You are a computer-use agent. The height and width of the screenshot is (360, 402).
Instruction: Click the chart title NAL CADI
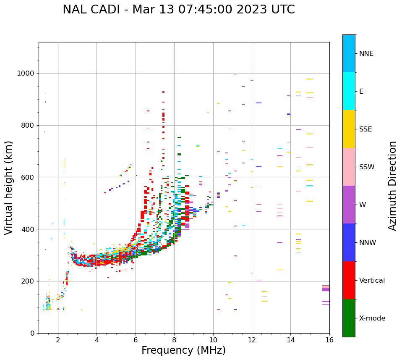click(178, 10)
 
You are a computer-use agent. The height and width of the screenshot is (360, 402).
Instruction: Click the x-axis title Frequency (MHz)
click(183, 350)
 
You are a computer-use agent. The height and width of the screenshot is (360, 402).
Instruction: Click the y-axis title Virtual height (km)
click(9, 187)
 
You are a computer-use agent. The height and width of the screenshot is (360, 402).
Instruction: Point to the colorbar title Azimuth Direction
click(392, 186)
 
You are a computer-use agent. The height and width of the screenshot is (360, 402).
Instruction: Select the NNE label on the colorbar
click(366, 54)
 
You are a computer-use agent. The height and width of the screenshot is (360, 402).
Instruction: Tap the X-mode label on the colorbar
click(372, 318)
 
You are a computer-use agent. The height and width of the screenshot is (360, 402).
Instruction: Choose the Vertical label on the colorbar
click(372, 281)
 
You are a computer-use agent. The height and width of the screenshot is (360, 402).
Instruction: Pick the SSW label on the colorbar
click(366, 167)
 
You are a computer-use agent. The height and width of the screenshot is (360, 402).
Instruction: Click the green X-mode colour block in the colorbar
click(349, 318)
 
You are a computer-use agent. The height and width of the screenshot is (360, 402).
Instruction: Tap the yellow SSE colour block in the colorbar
click(349, 129)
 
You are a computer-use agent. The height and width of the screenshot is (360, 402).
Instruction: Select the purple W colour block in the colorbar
click(349, 205)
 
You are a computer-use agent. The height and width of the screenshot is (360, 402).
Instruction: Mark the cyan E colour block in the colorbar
click(349, 91)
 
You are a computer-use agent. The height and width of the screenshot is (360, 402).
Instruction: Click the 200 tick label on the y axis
click(28, 281)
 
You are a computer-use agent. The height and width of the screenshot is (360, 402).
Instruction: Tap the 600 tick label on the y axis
click(28, 177)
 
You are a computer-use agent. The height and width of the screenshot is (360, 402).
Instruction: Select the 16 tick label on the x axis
click(329, 340)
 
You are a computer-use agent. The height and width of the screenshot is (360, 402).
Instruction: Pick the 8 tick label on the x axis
click(174, 340)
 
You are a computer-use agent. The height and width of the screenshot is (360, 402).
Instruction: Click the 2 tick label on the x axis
click(58, 340)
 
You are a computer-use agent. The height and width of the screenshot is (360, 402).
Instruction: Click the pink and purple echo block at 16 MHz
click(326, 288)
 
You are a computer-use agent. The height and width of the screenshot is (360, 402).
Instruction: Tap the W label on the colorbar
click(363, 205)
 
